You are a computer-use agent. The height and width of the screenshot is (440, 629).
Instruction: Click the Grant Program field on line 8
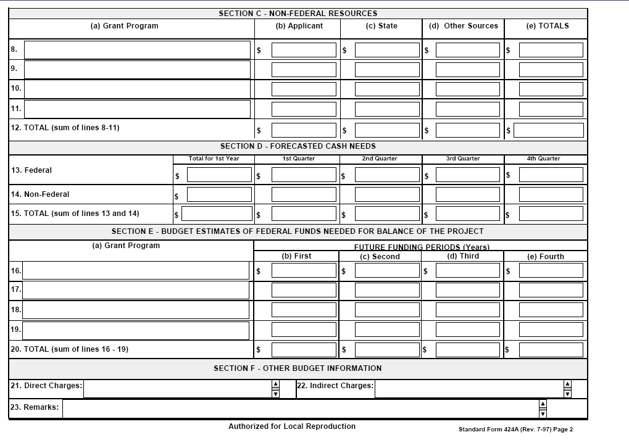tap(137, 50)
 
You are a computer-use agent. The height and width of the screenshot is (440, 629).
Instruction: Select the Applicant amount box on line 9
tap(304, 70)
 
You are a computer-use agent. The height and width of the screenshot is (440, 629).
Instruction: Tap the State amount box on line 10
tap(387, 89)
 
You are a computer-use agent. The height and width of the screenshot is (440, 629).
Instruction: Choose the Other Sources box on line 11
tap(467, 109)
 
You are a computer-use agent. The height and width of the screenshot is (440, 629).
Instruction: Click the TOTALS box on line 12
tap(548, 130)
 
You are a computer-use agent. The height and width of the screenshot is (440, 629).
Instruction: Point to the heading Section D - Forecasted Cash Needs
tap(298, 146)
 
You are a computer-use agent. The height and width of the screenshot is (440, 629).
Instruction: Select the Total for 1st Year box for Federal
tap(219, 175)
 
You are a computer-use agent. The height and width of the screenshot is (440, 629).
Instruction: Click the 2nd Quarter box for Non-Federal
tap(387, 194)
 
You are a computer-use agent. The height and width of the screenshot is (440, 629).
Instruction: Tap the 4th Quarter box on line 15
tap(551, 214)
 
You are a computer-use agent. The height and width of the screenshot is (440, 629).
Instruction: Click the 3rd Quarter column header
tap(463, 159)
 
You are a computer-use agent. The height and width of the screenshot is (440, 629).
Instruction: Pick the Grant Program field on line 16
tap(136, 270)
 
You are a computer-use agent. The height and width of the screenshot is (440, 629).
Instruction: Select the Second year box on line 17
tap(387, 290)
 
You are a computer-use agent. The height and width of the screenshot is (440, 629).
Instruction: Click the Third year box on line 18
tap(467, 310)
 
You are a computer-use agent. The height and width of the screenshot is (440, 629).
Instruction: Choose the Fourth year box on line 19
tap(551, 330)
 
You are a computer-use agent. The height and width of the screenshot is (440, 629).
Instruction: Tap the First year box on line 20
tap(304, 350)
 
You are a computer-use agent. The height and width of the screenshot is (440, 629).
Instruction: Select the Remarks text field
tap(300, 409)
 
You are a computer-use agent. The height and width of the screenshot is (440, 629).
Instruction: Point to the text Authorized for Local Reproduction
tap(291, 426)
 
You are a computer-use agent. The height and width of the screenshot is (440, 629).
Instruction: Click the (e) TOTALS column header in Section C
tap(547, 26)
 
